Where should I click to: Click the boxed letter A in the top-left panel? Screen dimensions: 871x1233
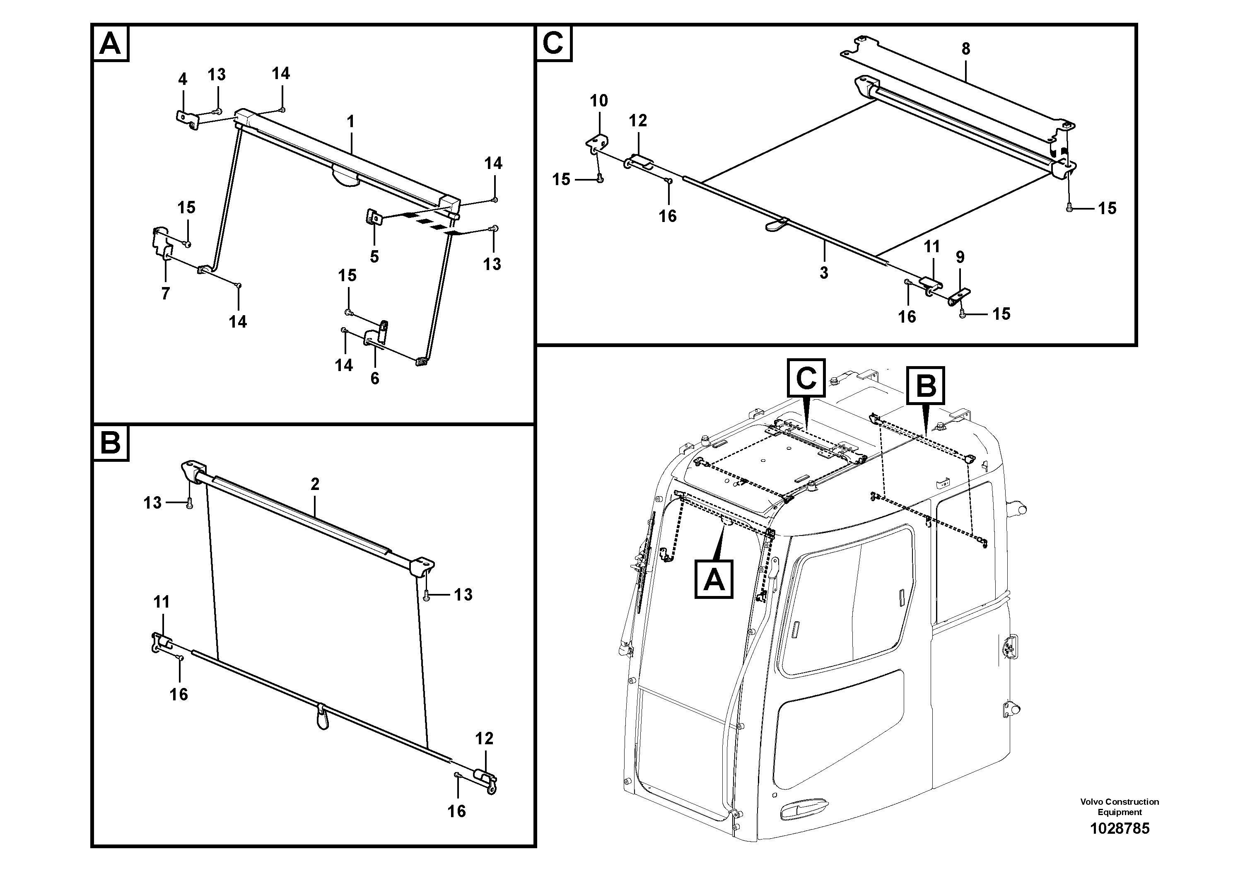pyautogui.click(x=111, y=43)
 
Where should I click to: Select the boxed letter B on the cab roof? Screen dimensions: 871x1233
pyautogui.click(x=925, y=386)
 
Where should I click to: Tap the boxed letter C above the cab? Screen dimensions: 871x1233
pyautogui.click(x=806, y=378)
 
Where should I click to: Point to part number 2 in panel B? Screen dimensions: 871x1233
pyautogui.click(x=315, y=484)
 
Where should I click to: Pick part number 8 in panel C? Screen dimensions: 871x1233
pyautogui.click(x=965, y=49)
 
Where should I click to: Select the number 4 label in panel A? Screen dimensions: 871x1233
pyautogui.click(x=183, y=80)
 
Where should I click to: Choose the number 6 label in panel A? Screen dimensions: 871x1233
pyautogui.click(x=374, y=378)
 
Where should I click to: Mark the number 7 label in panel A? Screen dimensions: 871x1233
pyautogui.click(x=165, y=293)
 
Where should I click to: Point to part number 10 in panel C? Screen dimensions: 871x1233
pyautogui.click(x=599, y=100)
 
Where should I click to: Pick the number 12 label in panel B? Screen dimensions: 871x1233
pyautogui.click(x=484, y=738)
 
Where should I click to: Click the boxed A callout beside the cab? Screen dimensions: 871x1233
pyautogui.click(x=714, y=579)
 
